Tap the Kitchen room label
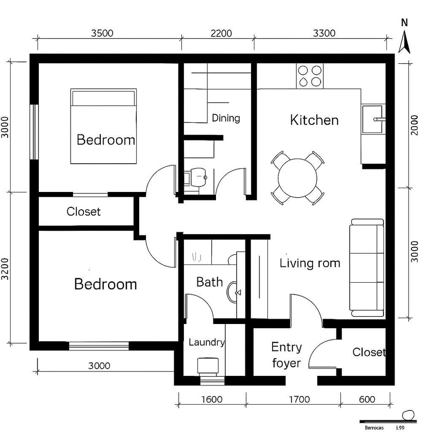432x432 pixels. point(314,120)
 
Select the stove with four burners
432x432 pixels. point(310,75)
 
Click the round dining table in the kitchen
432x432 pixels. point(298,178)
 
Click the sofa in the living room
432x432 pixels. point(367,267)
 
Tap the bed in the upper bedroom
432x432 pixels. point(104,126)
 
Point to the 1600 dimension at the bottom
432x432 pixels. point(211,399)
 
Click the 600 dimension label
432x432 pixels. point(367,399)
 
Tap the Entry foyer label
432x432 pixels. point(287,355)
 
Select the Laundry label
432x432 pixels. point(206,342)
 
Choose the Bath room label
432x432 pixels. point(210,282)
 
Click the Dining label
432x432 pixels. point(226,118)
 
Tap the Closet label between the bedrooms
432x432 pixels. point(84,212)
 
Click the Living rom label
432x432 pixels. point(310,263)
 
